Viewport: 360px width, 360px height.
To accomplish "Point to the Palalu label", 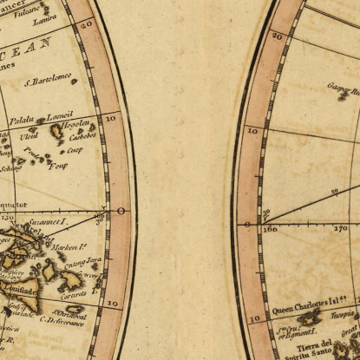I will pyautogui.click(x=23, y=121).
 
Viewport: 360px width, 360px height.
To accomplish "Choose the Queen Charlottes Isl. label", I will pyautogui.click(x=301, y=308).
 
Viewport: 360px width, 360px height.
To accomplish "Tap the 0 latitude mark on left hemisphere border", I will pyautogui.click(x=121, y=211).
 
